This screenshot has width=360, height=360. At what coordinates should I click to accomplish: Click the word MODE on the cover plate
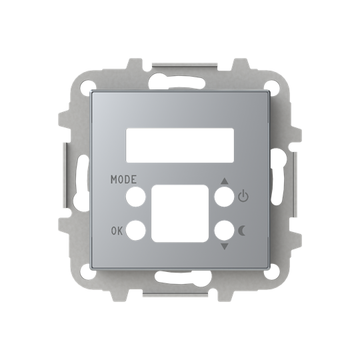click(125, 179)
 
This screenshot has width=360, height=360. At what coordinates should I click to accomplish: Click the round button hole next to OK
click(135, 231)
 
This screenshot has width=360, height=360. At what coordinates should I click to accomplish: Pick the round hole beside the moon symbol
click(223, 231)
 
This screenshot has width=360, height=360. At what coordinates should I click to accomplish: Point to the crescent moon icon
click(242, 231)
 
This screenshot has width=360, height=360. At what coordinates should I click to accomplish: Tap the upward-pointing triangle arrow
click(224, 180)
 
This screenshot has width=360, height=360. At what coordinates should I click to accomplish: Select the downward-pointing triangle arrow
click(224, 246)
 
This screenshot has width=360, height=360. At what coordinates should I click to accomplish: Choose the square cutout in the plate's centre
click(179, 213)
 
